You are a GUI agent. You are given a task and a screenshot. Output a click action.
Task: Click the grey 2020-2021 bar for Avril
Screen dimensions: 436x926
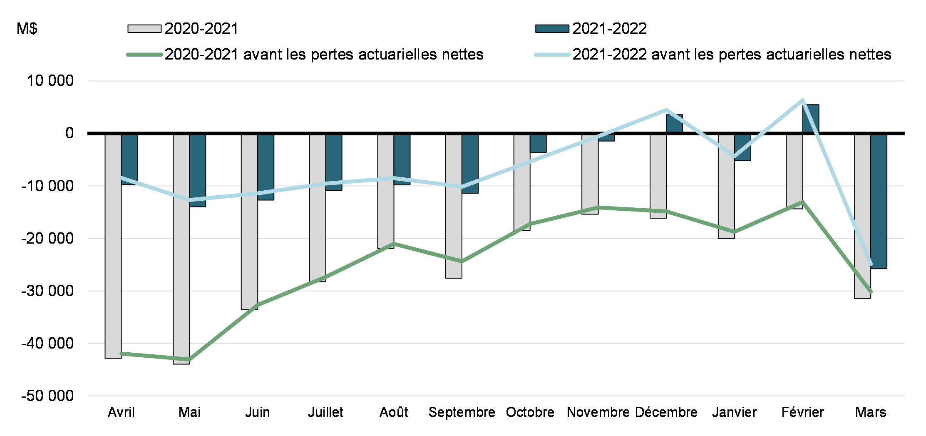(113, 246)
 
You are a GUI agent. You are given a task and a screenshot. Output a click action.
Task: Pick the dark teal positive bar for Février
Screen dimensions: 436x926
(811, 119)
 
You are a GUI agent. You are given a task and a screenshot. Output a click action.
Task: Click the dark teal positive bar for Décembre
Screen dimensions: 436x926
(674, 124)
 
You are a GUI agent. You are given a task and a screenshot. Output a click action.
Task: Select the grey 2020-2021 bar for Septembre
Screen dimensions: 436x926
(454, 206)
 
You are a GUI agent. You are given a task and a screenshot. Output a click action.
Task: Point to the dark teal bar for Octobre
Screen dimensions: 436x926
(538, 143)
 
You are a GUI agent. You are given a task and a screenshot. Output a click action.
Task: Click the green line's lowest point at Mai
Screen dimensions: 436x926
(189, 359)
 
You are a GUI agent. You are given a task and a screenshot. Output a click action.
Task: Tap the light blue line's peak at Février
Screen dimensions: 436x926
(802, 100)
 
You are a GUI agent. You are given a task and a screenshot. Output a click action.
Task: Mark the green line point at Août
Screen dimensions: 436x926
(394, 244)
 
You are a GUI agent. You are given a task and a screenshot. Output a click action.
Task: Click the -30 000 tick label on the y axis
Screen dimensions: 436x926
(47, 291)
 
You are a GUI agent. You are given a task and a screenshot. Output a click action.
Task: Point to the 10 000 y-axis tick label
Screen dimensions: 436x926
(50, 80)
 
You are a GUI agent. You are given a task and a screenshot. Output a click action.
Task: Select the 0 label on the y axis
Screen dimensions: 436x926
(70, 133)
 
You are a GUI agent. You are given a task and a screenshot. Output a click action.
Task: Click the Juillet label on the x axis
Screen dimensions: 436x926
(325, 412)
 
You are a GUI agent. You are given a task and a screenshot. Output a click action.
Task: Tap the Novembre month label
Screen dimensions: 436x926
(598, 412)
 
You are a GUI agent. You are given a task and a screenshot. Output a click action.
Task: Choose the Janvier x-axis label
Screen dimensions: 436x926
(734, 412)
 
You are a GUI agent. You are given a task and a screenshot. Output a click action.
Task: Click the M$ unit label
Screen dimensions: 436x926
(27, 29)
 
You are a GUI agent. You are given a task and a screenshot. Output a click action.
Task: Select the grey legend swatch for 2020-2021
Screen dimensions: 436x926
(144, 29)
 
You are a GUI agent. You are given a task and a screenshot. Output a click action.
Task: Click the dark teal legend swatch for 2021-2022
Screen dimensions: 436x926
(552, 29)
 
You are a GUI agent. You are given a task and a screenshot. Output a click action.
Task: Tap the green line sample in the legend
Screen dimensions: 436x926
(144, 55)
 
